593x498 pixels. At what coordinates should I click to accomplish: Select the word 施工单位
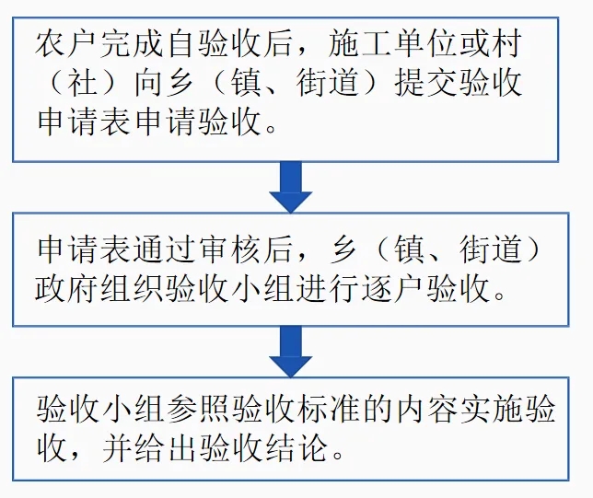pos(392,44)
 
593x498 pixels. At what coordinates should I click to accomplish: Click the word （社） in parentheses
pos(83,83)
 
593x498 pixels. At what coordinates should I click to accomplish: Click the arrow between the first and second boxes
pos(290,187)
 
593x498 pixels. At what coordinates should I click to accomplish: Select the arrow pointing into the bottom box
pos(290,352)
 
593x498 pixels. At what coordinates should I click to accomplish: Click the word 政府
pos(67,289)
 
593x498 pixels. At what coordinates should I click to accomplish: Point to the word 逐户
pos(394,289)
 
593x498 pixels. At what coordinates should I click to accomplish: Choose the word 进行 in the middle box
pos(329,289)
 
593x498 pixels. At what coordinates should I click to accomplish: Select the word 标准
pos(329,410)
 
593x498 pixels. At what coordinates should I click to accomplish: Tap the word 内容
pos(426,410)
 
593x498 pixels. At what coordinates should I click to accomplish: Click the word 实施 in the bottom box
pos(492,410)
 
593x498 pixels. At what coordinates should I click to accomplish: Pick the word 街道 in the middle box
pos(491,250)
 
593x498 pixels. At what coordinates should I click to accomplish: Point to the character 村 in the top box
pos(506,44)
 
